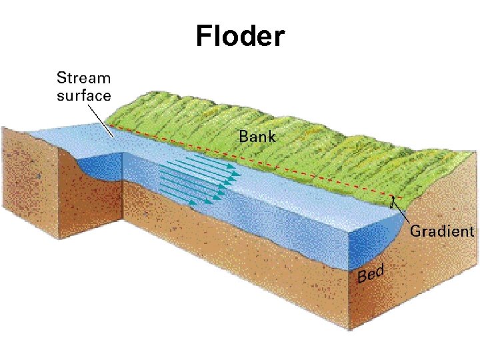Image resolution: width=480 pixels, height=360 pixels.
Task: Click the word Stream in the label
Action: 83,77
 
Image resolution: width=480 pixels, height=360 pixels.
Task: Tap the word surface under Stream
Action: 83,95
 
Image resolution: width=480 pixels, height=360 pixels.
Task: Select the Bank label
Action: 257,137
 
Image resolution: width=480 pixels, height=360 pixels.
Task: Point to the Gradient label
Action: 442,231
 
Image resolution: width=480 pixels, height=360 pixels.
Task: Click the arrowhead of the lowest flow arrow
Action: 215,200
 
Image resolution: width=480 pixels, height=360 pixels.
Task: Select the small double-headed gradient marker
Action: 393,199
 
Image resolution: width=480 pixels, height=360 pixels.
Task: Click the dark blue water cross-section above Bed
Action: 373,243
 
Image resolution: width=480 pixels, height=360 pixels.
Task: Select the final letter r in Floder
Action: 279,38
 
